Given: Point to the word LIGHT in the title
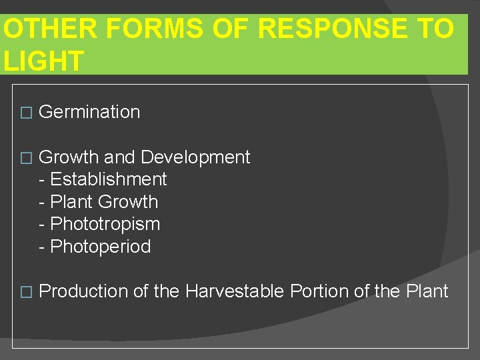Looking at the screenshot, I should click(44, 61).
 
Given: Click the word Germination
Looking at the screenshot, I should click(89, 112).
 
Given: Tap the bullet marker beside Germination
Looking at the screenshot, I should click(26, 113).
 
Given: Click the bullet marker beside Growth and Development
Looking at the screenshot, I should click(26, 159).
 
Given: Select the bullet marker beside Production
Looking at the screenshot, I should click(26, 292).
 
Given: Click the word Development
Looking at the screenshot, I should click(195, 157).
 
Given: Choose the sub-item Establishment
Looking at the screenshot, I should click(109, 179).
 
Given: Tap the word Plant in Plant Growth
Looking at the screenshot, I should click(71, 202).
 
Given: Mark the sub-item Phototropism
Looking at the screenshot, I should click(105, 224).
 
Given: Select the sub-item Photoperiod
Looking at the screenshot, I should click(101, 247).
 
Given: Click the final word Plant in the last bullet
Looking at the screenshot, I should click(427, 291).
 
